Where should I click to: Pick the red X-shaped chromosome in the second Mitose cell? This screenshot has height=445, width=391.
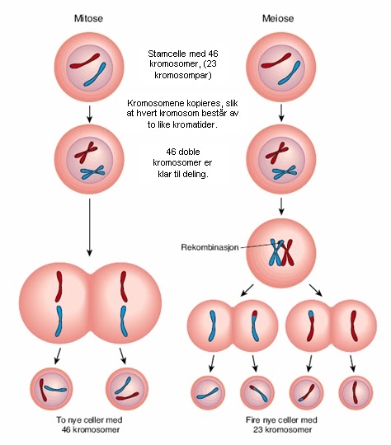tap(82, 150)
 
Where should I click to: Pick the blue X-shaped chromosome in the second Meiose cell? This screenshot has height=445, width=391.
tap(286, 171)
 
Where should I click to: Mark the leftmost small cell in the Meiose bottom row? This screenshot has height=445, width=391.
tap(207, 391)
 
